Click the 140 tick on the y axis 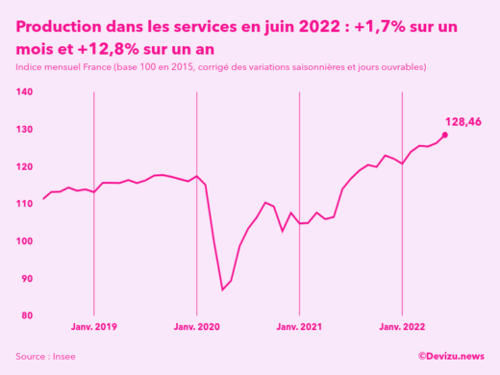point(24,92)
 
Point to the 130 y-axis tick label point(24,130)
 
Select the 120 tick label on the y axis point(24,166)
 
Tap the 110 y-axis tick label point(24,204)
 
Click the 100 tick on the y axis point(24,241)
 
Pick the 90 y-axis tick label point(26,279)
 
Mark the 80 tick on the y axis point(26,315)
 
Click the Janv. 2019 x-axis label point(93,328)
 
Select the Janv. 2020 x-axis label point(196,328)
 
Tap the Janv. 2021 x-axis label point(299,328)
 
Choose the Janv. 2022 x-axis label point(402,328)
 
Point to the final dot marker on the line point(444,135)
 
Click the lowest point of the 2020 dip point(222,289)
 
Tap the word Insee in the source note point(64,357)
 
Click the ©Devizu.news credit point(451,357)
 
